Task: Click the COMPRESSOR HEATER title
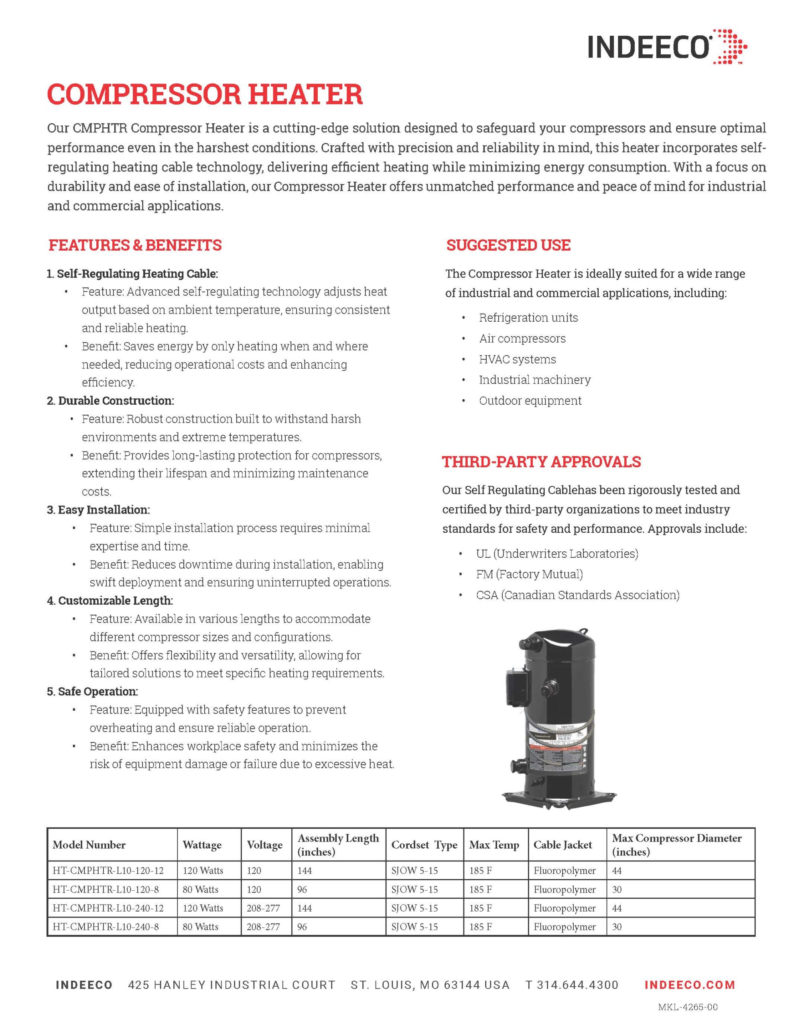point(205,94)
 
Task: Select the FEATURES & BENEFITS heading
point(135,245)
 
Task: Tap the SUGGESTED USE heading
point(508,245)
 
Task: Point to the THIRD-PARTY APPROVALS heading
point(541,462)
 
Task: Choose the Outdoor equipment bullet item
point(530,401)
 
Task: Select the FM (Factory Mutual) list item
point(529,574)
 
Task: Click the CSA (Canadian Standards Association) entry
point(577,596)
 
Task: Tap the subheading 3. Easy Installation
point(98,510)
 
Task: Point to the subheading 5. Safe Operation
point(92,691)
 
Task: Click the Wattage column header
point(202,845)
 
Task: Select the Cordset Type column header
point(424,845)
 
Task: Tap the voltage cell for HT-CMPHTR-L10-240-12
point(263,908)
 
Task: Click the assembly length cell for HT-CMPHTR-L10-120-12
point(305,871)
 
